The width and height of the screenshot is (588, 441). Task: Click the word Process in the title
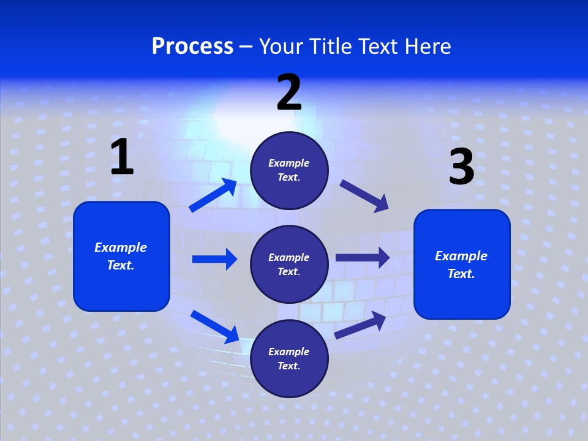pyautogui.click(x=192, y=47)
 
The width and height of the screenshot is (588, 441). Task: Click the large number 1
pyautogui.click(x=122, y=157)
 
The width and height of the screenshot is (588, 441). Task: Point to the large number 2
pyautogui.click(x=289, y=92)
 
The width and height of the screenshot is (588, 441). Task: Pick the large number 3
pyautogui.click(x=461, y=167)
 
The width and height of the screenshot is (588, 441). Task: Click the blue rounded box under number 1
pyautogui.click(x=121, y=256)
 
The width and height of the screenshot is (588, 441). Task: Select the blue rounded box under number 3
pyautogui.click(x=462, y=264)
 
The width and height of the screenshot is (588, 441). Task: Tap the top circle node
pyautogui.click(x=289, y=170)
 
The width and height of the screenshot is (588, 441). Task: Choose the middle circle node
pyautogui.click(x=289, y=264)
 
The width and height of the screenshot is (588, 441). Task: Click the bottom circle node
pyautogui.click(x=289, y=358)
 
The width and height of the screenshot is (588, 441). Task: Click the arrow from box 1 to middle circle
pyautogui.click(x=214, y=259)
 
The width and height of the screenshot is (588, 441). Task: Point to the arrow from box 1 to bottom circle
pyautogui.click(x=215, y=327)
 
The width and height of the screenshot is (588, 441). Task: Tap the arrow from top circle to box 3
pyautogui.click(x=364, y=196)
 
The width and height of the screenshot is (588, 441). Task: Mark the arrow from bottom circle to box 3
pyautogui.click(x=360, y=325)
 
